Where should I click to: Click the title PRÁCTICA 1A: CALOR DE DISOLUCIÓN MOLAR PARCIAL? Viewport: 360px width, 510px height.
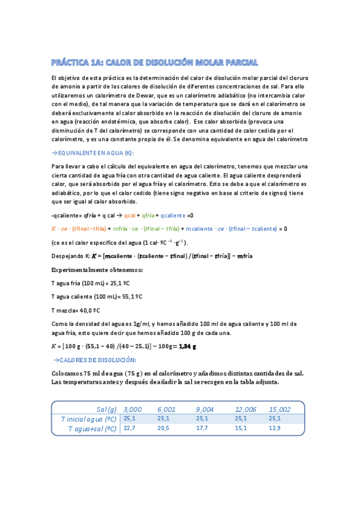coord(154,62)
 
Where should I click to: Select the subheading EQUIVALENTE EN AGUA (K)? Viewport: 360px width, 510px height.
coord(95,153)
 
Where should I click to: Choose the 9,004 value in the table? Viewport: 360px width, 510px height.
coord(206,408)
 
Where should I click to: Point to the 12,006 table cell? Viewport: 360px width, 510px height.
coord(246,408)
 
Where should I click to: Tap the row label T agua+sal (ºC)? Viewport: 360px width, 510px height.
coord(91,429)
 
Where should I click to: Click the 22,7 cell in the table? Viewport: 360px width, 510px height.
coord(130,429)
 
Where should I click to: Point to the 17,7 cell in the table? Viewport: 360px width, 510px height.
coord(202,429)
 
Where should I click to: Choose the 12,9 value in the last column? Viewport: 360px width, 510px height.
coord(275,429)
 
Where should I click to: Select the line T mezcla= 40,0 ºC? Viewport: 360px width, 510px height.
coord(75,310)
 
